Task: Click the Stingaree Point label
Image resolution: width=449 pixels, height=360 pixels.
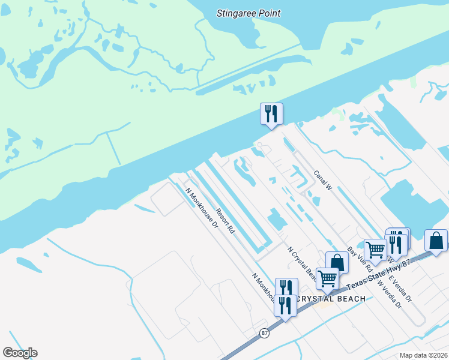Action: (x=249, y=13)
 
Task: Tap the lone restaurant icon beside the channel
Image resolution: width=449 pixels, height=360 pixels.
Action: (x=271, y=113)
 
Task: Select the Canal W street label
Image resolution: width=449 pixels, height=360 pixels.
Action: (x=323, y=179)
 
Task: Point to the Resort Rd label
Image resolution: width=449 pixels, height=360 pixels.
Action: (x=226, y=221)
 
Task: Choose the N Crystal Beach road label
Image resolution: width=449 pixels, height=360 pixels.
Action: (x=302, y=265)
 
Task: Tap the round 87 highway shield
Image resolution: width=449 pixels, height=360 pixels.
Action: (x=264, y=333)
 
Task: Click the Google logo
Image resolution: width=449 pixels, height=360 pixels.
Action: (x=20, y=353)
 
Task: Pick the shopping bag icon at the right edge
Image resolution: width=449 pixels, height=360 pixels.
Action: (x=436, y=241)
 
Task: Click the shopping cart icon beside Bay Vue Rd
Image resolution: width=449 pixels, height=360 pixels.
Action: (x=375, y=249)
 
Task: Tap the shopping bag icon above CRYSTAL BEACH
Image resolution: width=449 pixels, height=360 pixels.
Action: (x=337, y=262)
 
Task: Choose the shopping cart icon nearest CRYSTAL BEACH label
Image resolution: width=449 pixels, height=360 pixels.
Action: (x=327, y=278)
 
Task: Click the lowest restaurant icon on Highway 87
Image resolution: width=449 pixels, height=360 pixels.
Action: (x=285, y=305)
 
